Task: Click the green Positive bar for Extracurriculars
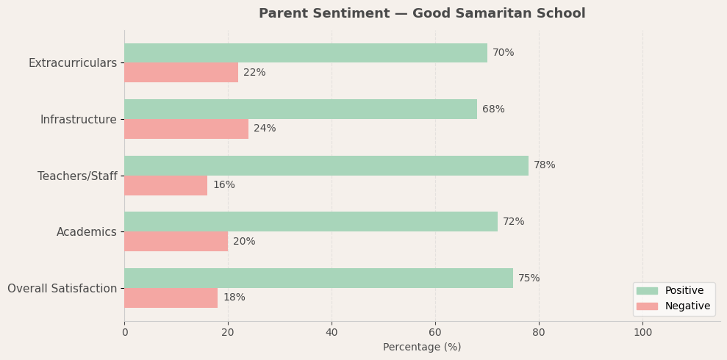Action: (305, 53)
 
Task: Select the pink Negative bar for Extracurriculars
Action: (181, 73)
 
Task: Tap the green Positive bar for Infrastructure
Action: (300, 109)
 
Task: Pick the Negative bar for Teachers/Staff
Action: (165, 185)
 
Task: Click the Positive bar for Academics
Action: (310, 222)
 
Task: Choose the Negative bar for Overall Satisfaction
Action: (171, 298)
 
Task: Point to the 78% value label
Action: (544, 165)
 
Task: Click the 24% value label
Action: (265, 129)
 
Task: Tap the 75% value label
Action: (529, 278)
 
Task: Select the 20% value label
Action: (244, 242)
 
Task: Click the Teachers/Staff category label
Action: (77, 176)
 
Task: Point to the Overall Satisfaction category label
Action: (62, 289)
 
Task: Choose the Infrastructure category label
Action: (78, 120)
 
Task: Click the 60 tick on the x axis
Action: (435, 332)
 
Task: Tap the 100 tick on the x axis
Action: (642, 332)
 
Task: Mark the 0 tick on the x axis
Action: (124, 332)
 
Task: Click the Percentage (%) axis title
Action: (422, 347)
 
